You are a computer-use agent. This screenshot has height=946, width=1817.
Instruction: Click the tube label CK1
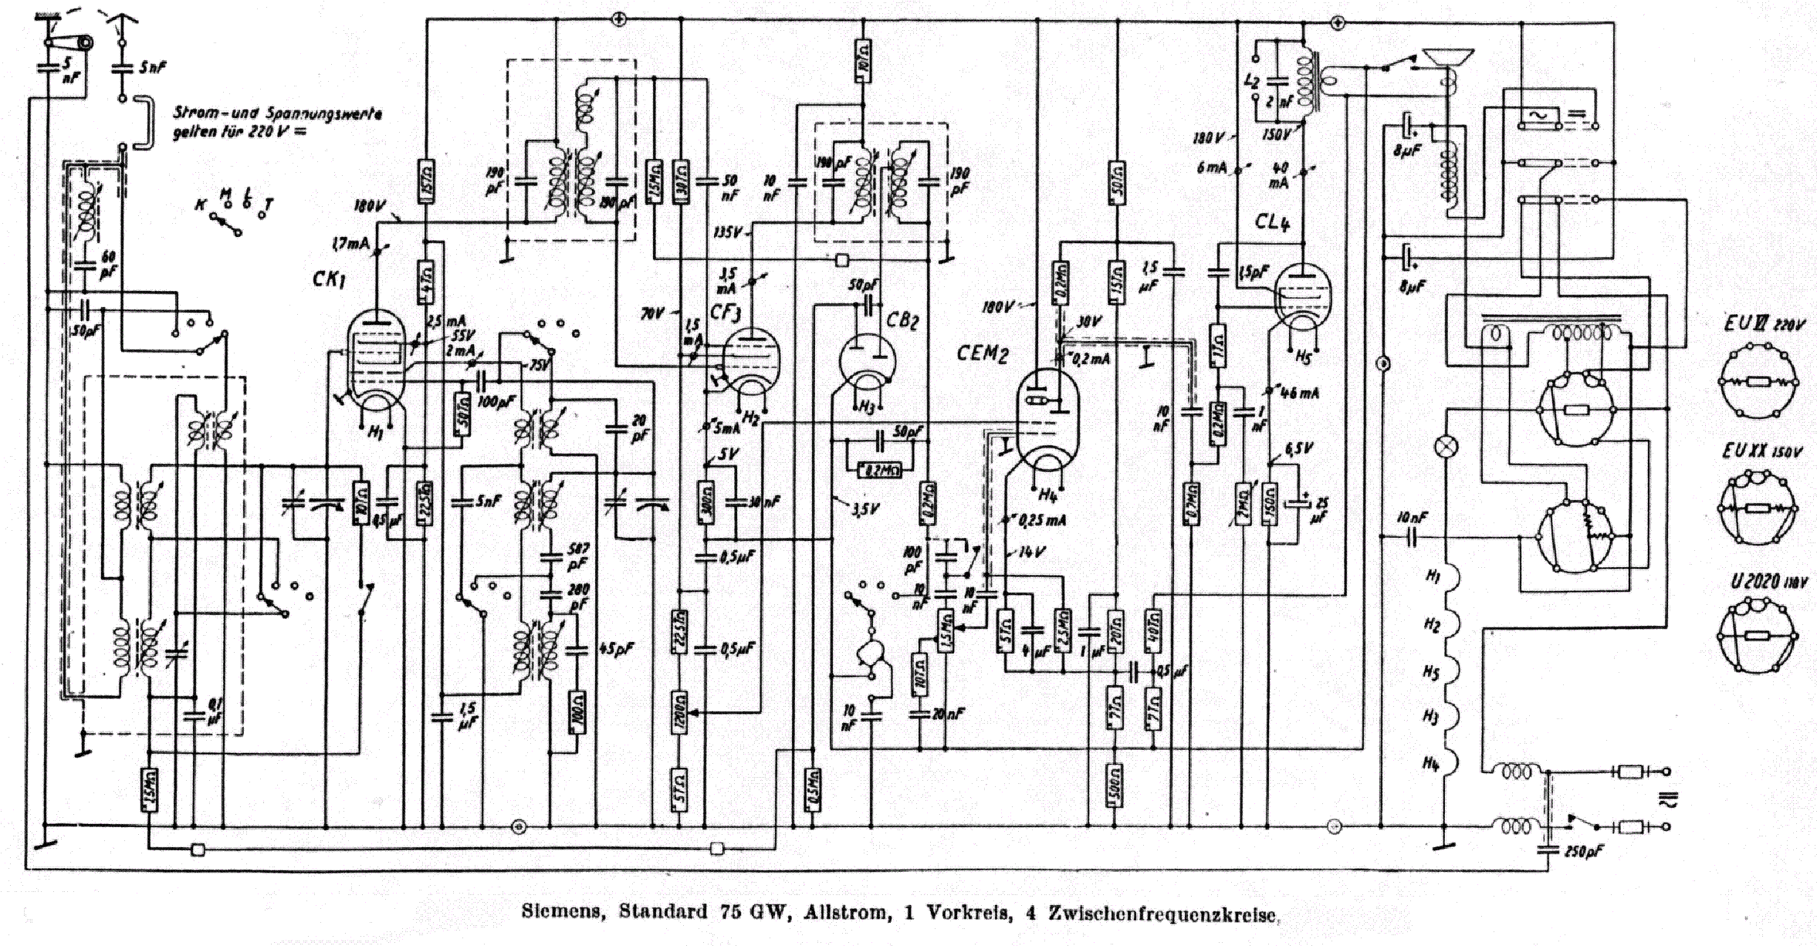click(x=329, y=279)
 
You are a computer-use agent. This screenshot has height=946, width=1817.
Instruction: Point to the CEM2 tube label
click(x=983, y=353)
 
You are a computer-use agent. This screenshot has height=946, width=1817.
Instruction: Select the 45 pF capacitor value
click(x=618, y=650)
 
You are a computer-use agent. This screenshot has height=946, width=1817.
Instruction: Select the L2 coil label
click(x=1253, y=82)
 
